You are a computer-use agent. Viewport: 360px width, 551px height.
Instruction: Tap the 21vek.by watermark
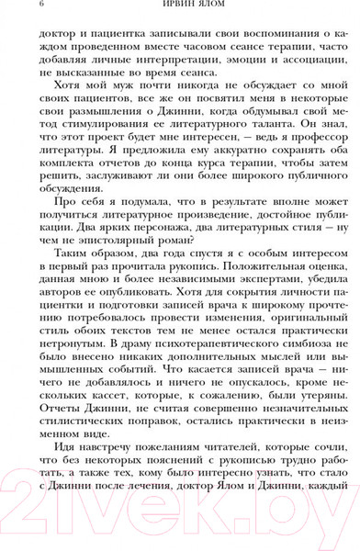pos(180,503)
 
